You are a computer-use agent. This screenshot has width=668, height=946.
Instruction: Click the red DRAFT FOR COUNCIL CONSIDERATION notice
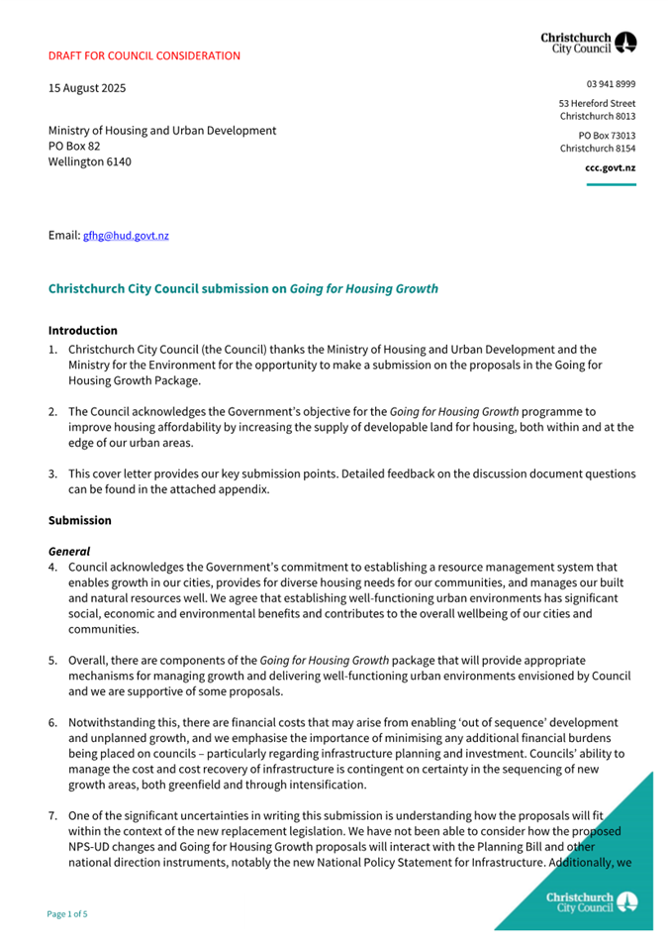(x=144, y=55)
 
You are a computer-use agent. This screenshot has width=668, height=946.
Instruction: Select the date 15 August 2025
(x=87, y=88)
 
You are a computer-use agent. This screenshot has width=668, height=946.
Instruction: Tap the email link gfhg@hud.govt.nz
(x=126, y=236)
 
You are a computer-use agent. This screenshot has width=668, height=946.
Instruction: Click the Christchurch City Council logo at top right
(x=589, y=42)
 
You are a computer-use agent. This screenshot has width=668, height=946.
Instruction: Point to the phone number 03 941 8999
(x=611, y=84)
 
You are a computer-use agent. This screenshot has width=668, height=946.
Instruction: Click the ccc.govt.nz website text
(x=610, y=168)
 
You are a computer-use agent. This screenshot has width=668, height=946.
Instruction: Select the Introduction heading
(x=83, y=331)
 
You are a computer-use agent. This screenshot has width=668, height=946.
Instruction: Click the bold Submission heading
(x=80, y=521)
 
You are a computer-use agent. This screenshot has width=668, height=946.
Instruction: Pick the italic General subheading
(x=69, y=552)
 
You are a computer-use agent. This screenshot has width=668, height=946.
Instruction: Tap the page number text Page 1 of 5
(x=68, y=913)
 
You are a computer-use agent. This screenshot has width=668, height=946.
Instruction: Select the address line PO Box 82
(x=74, y=146)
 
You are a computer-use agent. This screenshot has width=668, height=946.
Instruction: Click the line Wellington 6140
(x=89, y=161)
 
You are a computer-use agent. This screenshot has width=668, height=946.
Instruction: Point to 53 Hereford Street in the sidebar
(x=597, y=103)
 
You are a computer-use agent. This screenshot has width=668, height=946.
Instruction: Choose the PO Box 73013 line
(x=607, y=135)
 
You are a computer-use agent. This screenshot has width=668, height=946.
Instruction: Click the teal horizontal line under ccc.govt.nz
(x=611, y=184)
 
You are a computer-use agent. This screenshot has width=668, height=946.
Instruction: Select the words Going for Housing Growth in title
(x=363, y=289)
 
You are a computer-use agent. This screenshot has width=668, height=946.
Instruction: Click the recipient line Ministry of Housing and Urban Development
(x=162, y=131)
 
